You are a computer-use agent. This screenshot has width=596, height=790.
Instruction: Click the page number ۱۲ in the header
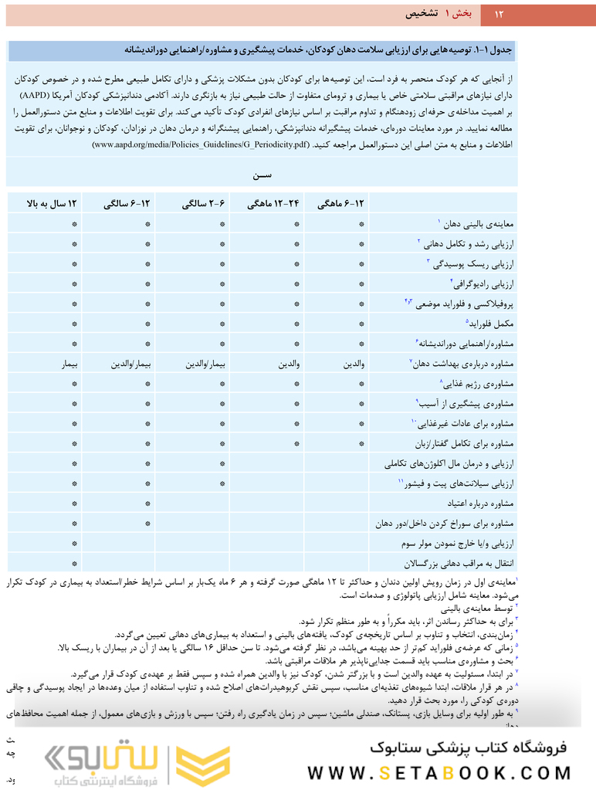click(498, 14)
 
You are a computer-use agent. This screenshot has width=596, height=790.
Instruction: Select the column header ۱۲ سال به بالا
click(53, 205)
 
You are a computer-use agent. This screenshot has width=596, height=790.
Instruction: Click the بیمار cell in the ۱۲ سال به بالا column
click(73, 364)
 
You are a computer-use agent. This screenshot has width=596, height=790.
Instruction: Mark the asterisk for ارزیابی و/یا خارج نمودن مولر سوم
click(74, 544)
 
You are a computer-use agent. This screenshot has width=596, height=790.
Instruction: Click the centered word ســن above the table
click(262, 175)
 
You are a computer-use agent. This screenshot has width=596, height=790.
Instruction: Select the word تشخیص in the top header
click(423, 14)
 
